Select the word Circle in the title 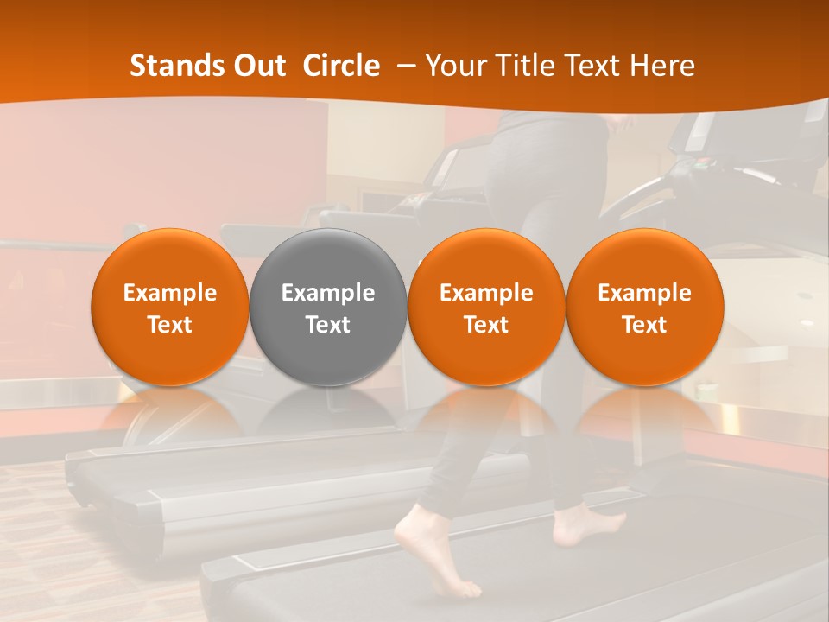coord(341,66)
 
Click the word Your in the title coord(457,66)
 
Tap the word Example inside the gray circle coord(328,293)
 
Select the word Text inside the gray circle coord(328,325)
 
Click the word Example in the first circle coord(170,293)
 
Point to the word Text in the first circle coord(170,325)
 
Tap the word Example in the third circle coord(486,293)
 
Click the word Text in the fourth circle coord(644,325)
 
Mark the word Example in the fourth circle coord(644,293)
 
